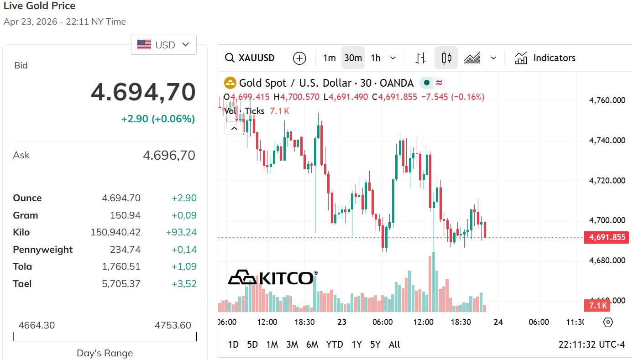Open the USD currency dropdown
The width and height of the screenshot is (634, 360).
[x=164, y=45]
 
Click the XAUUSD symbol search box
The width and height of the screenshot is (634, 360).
[x=250, y=58]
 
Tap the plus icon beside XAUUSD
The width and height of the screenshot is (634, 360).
[x=299, y=58]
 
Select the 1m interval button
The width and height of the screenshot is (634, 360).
[x=329, y=58]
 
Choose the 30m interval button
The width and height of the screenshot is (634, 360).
[x=353, y=58]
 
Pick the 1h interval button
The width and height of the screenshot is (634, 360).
[x=376, y=58]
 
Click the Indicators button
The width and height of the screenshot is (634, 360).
[x=545, y=58]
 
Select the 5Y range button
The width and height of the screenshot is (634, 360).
[x=375, y=344]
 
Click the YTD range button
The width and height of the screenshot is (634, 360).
[x=335, y=344]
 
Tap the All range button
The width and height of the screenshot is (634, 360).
[x=394, y=344]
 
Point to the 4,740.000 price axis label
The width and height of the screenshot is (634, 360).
[x=607, y=141]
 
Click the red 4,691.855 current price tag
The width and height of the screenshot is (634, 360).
[x=607, y=237]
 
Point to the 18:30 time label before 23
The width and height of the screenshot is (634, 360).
[x=304, y=322]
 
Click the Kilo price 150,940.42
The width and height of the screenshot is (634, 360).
[x=115, y=232]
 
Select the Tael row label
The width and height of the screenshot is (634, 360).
[x=22, y=284]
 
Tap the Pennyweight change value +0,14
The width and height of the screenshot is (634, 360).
[x=184, y=250]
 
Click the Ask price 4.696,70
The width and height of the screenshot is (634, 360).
[x=169, y=156]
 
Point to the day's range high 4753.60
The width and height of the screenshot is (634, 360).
[x=173, y=325]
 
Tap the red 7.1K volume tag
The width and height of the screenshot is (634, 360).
[x=597, y=305]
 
